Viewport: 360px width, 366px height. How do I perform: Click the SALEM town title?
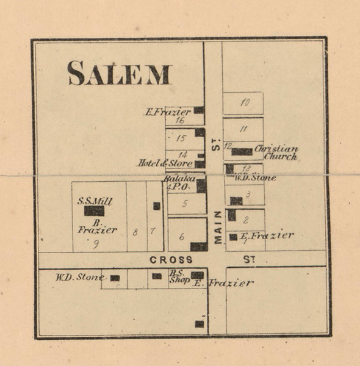pos(119,73)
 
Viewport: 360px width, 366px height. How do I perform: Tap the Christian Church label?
pos(276,152)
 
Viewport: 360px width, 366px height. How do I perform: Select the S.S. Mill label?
pos(95,200)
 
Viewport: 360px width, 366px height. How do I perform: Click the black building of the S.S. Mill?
pos(94,211)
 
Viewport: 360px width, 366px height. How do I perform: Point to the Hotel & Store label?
pos(156,163)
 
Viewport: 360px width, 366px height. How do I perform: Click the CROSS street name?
pos(171,260)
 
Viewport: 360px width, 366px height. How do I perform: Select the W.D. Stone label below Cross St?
pos(80,277)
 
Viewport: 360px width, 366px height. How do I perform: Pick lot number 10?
pos(245,102)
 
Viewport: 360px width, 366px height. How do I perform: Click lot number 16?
pos(180,120)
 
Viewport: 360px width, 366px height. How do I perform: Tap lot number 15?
pos(181,138)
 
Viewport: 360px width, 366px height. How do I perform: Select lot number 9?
pos(96,245)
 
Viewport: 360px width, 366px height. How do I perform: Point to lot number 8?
pos(135,231)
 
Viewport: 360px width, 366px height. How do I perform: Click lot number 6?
pos(182,237)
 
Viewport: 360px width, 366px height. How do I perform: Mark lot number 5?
pos(184,204)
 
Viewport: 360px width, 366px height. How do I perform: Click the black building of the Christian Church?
pos(242,151)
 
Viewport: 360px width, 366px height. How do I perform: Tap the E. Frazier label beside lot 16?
pos(167,112)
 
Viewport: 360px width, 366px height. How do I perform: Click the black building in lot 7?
pos(157,206)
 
